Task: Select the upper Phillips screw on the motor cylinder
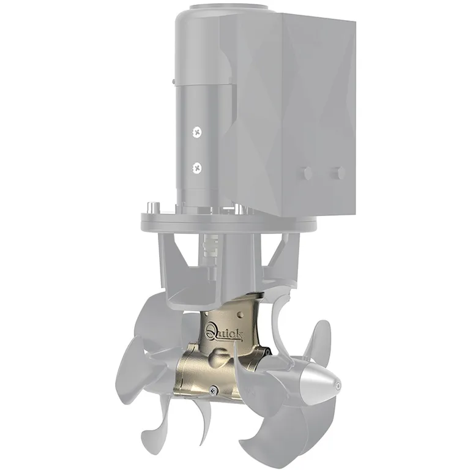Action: click(x=197, y=132)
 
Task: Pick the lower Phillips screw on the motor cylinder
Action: click(x=197, y=168)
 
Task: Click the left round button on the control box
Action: click(x=308, y=173)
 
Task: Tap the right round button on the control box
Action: click(x=339, y=173)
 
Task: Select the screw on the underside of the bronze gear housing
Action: click(x=214, y=389)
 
